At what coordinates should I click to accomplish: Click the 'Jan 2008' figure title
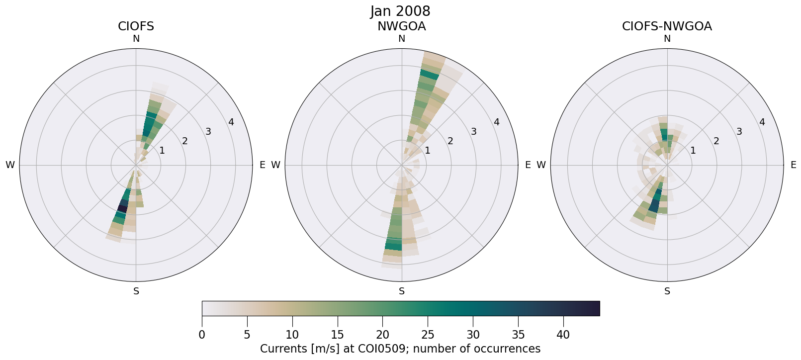click(x=400, y=11)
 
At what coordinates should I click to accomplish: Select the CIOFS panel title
click(x=136, y=26)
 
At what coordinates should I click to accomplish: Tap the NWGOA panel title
click(x=401, y=26)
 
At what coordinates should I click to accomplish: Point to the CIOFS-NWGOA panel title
click(x=667, y=26)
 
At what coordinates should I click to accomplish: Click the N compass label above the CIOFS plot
click(x=136, y=39)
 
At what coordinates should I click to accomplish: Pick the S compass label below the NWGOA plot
click(x=402, y=291)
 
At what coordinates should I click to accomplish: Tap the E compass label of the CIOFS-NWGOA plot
click(x=793, y=165)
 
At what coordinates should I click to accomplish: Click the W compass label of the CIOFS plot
click(x=10, y=165)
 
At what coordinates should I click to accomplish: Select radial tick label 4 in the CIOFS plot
click(x=231, y=122)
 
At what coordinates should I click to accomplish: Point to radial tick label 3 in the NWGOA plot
click(x=474, y=132)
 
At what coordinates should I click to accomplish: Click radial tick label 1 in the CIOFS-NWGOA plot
click(x=693, y=150)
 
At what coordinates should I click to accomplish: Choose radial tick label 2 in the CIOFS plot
click(x=185, y=141)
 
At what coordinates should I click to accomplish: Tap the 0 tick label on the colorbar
click(x=202, y=335)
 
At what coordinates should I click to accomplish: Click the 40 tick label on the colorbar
click(x=563, y=335)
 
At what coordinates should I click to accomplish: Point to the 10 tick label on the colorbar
click(x=292, y=335)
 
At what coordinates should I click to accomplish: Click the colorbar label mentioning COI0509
click(x=400, y=349)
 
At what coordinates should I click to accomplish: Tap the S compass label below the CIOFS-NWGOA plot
click(x=667, y=291)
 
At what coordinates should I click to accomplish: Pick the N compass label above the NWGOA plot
click(x=402, y=39)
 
